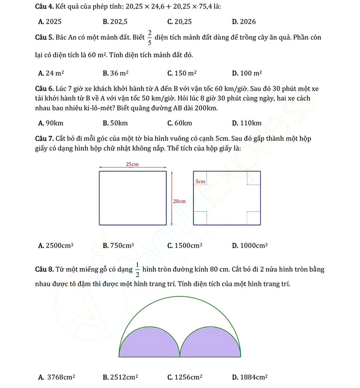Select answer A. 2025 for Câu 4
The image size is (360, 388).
coord(50,22)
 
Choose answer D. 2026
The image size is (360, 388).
coord(244,22)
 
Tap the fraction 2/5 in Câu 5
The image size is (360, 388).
coord(150,39)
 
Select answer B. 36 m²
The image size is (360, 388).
coord(116,73)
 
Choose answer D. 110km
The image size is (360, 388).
coord(246,123)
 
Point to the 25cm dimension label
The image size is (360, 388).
coord(132,164)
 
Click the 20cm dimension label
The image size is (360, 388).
coord(179,201)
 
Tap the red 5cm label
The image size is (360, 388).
coord(201,182)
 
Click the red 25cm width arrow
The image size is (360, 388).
coord(132,168)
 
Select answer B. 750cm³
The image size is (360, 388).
coord(118,245)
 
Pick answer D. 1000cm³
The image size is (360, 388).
coord(250,245)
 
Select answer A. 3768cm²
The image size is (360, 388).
coord(57,378)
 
